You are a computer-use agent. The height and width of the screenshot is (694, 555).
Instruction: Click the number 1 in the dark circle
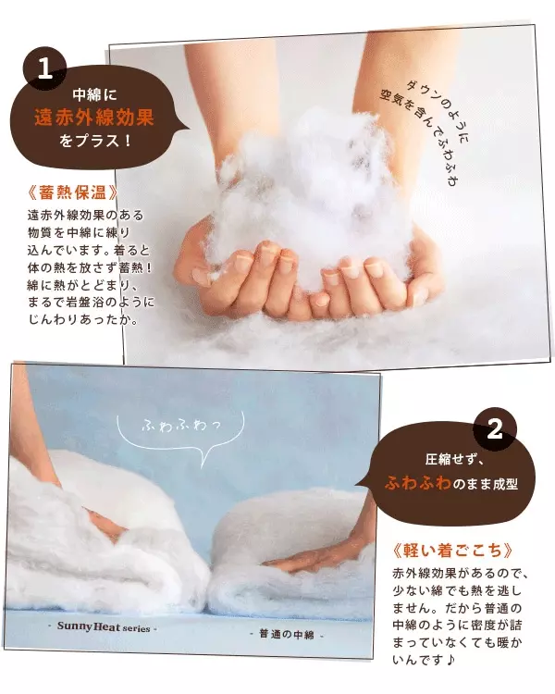tap(45, 69)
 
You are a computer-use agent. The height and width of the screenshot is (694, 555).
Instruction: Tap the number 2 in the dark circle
tap(494, 428)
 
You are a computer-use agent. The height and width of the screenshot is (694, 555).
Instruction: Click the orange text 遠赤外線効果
tap(93, 118)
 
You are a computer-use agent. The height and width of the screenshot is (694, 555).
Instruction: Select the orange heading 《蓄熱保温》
tap(72, 192)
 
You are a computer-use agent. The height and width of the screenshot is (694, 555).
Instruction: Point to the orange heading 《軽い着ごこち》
tap(452, 551)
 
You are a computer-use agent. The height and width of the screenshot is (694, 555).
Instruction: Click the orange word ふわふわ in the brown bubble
tap(418, 482)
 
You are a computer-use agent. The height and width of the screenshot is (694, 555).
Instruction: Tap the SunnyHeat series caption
tap(103, 627)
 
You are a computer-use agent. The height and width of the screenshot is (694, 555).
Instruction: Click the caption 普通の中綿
tap(287, 634)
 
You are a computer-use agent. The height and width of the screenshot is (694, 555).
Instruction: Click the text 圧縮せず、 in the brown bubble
tap(455, 459)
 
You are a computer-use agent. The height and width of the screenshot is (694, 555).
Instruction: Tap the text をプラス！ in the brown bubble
tap(95, 142)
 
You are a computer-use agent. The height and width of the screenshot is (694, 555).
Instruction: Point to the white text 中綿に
tap(94, 94)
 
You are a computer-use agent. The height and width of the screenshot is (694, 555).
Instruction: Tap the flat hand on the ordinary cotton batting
tap(305, 563)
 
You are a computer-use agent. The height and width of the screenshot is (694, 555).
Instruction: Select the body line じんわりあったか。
tap(82, 319)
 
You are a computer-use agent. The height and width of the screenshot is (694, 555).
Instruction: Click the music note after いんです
tap(450, 660)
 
